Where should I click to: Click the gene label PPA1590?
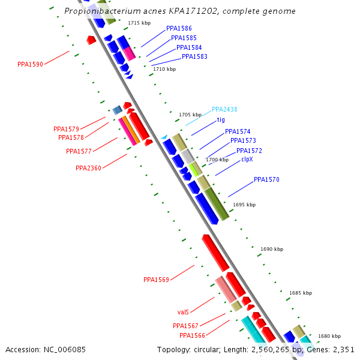click(30, 64)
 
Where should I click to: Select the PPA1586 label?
click(179, 28)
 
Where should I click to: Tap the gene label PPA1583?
click(194, 57)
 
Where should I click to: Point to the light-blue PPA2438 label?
click(224, 110)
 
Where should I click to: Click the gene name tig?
click(221, 119)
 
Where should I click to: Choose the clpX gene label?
click(247, 160)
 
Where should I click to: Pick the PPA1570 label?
click(266, 179)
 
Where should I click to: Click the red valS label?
click(183, 313)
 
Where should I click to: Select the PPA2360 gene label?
click(88, 168)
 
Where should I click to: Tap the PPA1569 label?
click(156, 280)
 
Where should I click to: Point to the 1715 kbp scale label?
click(139, 23)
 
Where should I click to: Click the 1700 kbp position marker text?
click(217, 160)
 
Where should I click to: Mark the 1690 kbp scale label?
click(272, 249)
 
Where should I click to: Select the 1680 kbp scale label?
click(329, 337)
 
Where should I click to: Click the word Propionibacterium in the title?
click(106, 11)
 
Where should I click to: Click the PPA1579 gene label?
click(66, 129)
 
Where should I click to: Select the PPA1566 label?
click(192, 335)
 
